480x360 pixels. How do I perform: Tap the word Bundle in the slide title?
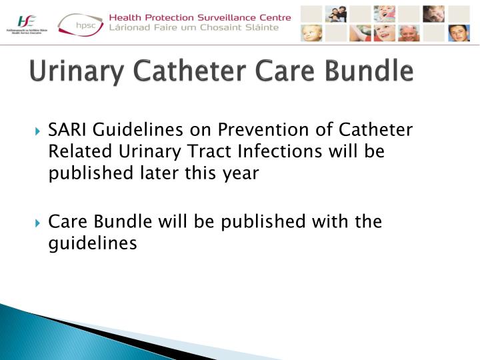coord(373,71)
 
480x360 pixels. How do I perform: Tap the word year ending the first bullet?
coord(241,173)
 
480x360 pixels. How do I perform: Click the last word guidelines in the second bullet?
coord(93,243)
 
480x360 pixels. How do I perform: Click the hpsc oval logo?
coord(80,25)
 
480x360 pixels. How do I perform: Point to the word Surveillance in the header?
coord(213,17)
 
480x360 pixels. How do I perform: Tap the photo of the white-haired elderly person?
coord(409,33)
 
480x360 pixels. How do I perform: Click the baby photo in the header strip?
coord(311,33)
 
